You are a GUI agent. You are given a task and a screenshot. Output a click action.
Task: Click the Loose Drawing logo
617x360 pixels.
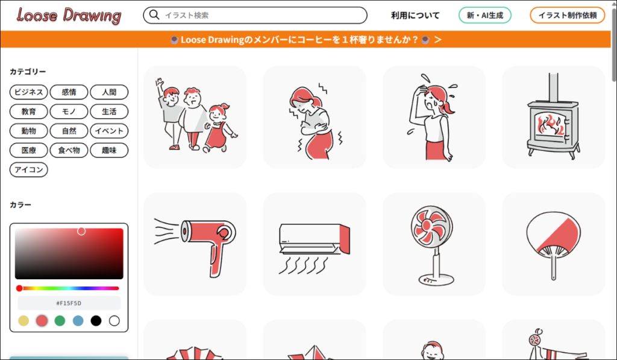coord(69,16)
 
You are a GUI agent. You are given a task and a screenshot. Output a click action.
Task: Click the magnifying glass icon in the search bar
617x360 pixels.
coord(154,15)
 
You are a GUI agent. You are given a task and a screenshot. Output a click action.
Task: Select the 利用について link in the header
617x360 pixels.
coord(415,15)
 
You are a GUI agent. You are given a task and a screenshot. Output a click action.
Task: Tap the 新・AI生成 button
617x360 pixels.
coord(485,15)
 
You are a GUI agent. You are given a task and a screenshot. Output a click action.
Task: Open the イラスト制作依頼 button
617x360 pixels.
coord(568,15)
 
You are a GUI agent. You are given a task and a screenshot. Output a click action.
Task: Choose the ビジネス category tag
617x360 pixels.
coord(29,92)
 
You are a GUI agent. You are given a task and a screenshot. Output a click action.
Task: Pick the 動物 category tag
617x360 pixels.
coord(29,131)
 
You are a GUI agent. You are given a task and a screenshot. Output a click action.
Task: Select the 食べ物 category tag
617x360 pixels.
coord(69,150)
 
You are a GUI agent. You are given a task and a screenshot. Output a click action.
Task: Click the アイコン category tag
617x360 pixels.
coord(29,169)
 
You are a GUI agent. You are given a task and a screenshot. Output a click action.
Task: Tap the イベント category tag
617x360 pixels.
coord(109,131)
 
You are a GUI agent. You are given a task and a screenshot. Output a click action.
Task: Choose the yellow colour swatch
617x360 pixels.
coord(23,321)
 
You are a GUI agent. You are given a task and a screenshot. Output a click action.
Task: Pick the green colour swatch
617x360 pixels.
coord(60,321)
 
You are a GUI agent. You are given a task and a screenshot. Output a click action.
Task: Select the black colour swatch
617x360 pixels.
coord(96,321)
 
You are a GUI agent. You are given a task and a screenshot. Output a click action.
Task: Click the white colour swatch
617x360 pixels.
coord(114,321)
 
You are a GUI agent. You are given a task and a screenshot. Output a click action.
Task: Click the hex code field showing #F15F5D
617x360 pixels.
coord(69,303)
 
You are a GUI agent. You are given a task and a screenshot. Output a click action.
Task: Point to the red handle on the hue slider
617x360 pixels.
coord(19,288)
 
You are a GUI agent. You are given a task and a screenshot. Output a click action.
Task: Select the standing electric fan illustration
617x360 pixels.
coord(433,245)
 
